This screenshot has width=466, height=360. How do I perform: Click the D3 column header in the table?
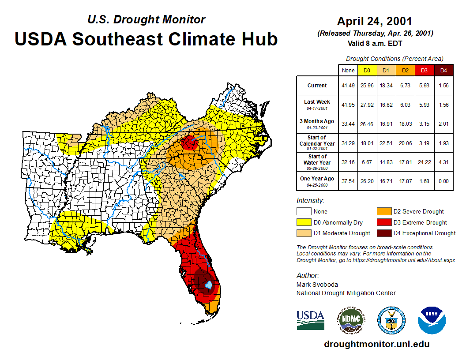424,71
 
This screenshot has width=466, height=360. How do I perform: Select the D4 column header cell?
443,71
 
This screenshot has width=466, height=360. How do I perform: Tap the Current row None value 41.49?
348,86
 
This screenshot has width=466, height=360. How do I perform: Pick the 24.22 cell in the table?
424,162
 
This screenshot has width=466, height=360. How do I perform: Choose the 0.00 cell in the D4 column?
443,181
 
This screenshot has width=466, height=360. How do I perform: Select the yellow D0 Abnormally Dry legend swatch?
304,222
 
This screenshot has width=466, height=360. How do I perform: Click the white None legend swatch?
304,211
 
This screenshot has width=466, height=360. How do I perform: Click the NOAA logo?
432,320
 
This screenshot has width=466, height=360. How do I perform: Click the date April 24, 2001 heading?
375,21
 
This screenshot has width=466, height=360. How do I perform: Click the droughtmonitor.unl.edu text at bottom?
376,344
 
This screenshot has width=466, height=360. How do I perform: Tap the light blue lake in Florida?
208,285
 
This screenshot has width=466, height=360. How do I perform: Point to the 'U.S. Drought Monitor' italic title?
146,19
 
